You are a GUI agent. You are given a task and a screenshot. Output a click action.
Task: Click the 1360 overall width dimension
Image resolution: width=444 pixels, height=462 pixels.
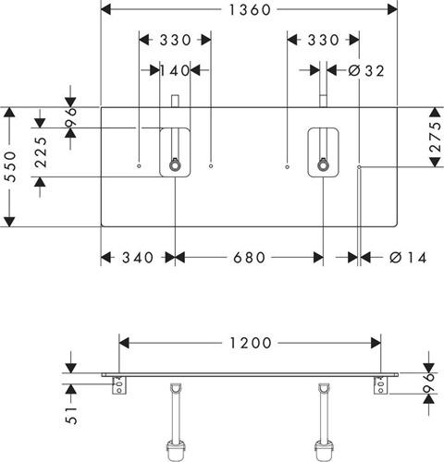click(x=250, y=10)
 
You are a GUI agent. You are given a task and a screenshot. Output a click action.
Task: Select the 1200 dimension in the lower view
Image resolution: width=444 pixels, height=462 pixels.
click(x=251, y=343)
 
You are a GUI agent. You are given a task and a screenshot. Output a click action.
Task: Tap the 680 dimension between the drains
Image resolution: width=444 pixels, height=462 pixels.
click(x=249, y=258)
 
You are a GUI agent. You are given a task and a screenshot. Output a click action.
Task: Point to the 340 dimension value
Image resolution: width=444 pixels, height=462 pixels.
click(x=138, y=258)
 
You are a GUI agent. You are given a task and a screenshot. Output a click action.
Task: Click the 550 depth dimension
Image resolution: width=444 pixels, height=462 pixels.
click(x=11, y=166)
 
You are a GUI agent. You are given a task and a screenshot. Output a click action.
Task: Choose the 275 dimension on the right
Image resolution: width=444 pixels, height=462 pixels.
click(x=436, y=137)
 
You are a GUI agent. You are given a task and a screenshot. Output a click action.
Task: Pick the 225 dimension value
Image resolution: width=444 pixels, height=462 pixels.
click(x=41, y=152)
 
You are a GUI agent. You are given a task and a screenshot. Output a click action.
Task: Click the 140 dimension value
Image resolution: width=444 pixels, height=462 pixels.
click(x=175, y=70)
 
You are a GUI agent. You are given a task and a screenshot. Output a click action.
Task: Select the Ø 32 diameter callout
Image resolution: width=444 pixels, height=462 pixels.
click(x=366, y=71)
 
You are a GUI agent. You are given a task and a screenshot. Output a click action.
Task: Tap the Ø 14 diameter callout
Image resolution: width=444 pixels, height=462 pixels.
click(x=408, y=258)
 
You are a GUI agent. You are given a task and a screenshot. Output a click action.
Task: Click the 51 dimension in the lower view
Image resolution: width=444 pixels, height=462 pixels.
click(x=71, y=415)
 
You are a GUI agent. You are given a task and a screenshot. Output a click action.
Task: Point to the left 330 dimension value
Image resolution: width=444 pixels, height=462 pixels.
click(x=175, y=40)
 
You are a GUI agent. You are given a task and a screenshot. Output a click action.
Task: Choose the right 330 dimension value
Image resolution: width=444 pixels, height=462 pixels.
click(x=323, y=40)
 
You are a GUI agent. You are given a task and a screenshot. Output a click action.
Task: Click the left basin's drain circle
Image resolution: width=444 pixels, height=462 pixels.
click(x=175, y=166)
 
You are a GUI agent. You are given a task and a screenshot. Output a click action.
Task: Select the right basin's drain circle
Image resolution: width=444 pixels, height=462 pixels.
click(x=323, y=166)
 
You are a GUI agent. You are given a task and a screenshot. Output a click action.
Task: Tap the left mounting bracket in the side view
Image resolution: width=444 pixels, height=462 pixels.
click(x=119, y=385)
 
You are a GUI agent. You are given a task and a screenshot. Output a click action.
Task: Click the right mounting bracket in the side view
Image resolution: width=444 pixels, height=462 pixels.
click(x=381, y=385)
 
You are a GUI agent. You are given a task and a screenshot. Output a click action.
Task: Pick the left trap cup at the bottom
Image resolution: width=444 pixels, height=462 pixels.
click(x=176, y=451)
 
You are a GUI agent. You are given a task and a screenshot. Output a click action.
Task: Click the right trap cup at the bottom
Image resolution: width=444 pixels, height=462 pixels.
click(x=324, y=451)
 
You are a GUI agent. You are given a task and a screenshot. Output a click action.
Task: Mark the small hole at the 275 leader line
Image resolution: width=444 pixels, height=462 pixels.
click(x=359, y=166)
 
